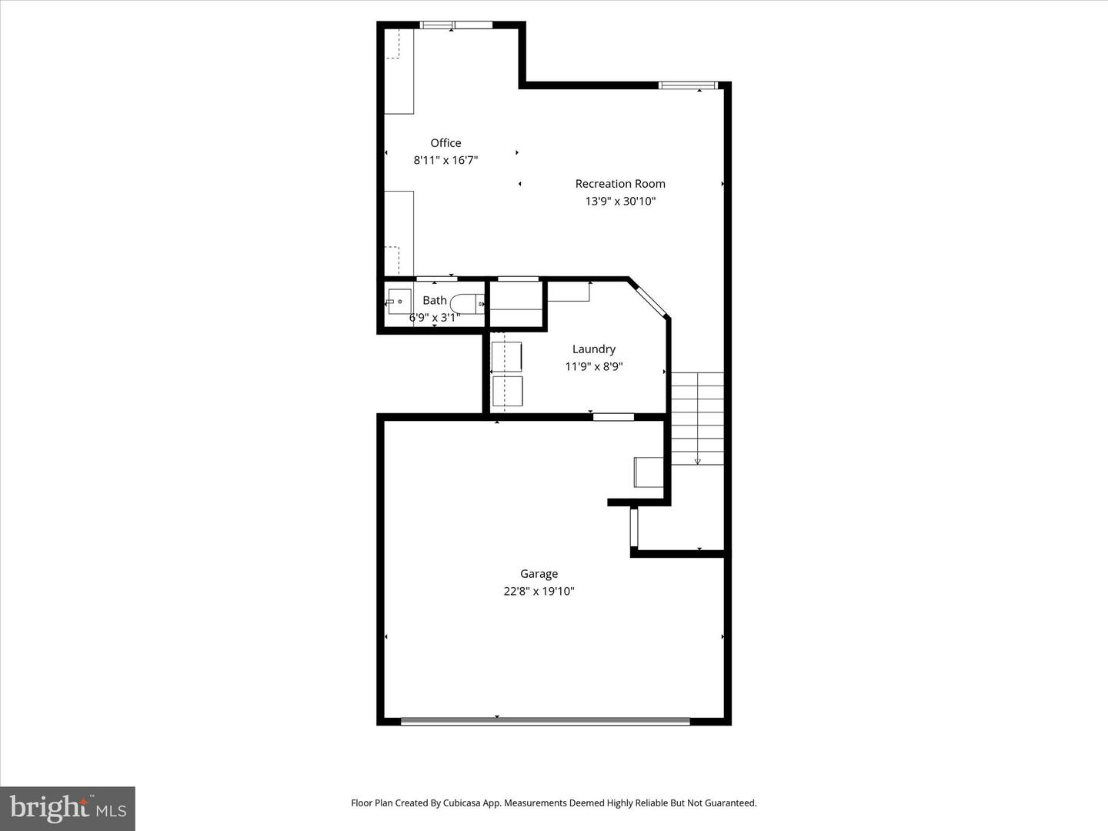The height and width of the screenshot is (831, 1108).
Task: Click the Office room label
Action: [x=446, y=143]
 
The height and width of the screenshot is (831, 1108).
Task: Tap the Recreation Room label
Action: [x=620, y=184]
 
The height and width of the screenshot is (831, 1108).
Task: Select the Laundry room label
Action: [x=593, y=349]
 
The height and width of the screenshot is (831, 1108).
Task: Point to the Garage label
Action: [x=539, y=574]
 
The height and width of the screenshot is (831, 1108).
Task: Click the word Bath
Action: [x=435, y=301]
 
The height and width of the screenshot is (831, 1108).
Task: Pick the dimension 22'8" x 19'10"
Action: [x=539, y=592]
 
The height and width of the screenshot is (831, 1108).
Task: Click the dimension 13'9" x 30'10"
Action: [x=620, y=202]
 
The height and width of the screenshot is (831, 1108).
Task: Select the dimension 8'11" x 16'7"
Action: [x=446, y=161]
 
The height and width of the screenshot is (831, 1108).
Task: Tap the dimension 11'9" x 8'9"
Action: [x=593, y=367]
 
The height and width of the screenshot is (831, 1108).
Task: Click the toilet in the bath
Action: [x=466, y=304]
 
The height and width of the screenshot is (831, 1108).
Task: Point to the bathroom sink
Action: [x=399, y=302]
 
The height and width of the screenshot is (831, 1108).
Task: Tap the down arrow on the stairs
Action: [x=698, y=460]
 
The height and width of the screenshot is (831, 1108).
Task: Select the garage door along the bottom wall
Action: [x=546, y=722]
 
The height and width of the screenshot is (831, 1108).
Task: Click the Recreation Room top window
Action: [x=689, y=85]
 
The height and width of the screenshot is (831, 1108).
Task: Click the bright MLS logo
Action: [x=68, y=808]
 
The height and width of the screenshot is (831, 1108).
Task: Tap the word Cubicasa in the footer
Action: [x=462, y=803]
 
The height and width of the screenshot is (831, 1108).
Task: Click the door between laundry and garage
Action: [x=613, y=417]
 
